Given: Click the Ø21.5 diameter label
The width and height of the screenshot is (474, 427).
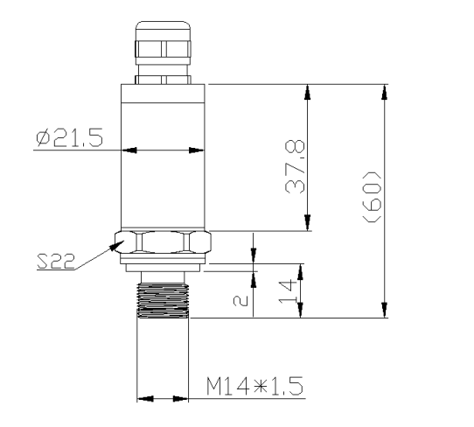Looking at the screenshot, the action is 70,137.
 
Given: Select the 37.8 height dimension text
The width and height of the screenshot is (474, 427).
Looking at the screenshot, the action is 295,166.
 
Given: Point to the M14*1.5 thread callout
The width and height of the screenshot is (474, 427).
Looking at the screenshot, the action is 254,386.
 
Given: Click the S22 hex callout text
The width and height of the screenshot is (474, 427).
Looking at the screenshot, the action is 56,262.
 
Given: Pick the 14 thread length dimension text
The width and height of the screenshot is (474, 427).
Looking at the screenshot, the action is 287,292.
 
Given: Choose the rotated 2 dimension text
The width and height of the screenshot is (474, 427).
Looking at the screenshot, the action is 240,301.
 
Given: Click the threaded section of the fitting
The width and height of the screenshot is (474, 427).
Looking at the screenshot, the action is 163,301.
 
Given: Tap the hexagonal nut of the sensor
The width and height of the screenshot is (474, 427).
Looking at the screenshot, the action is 163,241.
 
